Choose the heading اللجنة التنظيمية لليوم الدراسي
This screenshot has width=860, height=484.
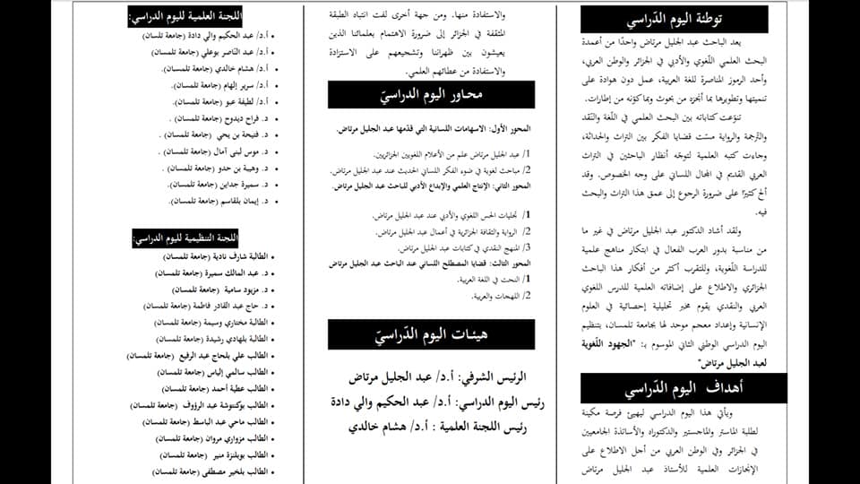(x=184, y=238)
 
